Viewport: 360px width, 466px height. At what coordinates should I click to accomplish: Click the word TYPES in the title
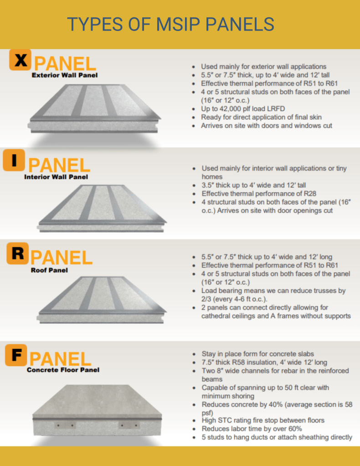coord(95,24)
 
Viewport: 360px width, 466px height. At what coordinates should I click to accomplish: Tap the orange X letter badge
coord(20,60)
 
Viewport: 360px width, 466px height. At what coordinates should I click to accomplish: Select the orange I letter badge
coord(14,160)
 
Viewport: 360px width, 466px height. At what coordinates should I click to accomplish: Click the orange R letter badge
coord(17,254)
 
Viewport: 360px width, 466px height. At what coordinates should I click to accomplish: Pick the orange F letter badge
coord(16,355)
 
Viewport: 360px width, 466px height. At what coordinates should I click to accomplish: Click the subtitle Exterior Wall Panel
coord(65,75)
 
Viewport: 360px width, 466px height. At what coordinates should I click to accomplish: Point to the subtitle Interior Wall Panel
coord(56,177)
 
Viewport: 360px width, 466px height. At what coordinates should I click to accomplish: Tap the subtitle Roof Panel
coord(49,270)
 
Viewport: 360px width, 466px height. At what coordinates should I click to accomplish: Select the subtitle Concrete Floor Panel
coord(63,370)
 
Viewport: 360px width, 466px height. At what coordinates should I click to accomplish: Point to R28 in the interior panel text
coord(310,194)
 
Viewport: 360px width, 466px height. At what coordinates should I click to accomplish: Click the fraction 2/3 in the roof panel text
coord(206,299)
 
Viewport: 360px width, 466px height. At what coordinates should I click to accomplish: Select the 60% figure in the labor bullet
coord(295,429)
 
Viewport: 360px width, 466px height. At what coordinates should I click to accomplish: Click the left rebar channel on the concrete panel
coord(66,425)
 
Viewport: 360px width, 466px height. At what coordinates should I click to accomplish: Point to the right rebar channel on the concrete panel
coord(129,425)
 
